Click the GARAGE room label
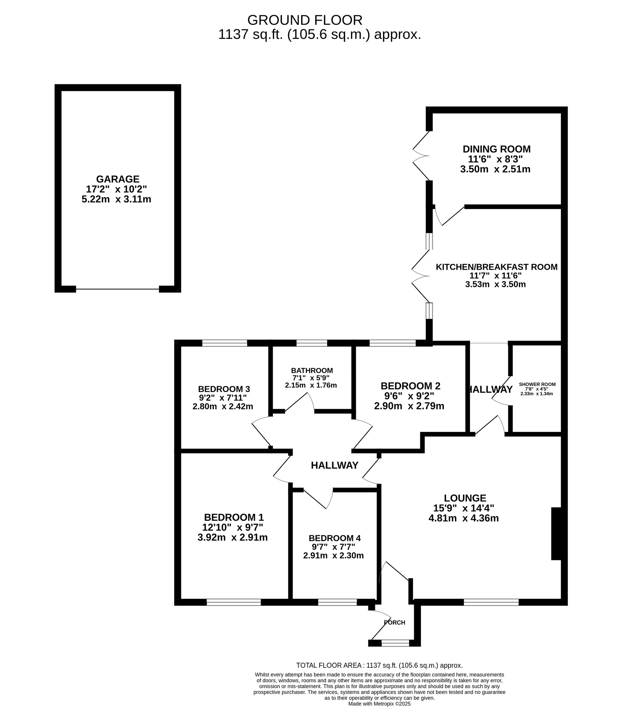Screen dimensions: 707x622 click(x=118, y=179)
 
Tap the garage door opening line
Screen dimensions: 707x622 click(x=117, y=289)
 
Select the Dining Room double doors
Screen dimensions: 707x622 click(x=421, y=156)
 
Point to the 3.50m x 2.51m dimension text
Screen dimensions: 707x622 click(x=495, y=169)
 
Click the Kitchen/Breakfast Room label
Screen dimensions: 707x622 click(x=496, y=267)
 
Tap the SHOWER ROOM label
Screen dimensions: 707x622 click(x=537, y=384)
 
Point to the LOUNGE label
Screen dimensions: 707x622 click(x=465, y=498)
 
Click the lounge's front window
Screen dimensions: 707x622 click(x=491, y=602)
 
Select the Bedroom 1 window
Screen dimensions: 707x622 click(x=234, y=602)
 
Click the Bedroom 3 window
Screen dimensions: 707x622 click(x=224, y=343)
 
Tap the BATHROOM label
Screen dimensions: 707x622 click(x=312, y=370)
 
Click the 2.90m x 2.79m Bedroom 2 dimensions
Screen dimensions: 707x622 click(x=409, y=406)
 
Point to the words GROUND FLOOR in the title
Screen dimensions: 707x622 click(x=305, y=20)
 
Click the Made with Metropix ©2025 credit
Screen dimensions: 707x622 click(x=379, y=703)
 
